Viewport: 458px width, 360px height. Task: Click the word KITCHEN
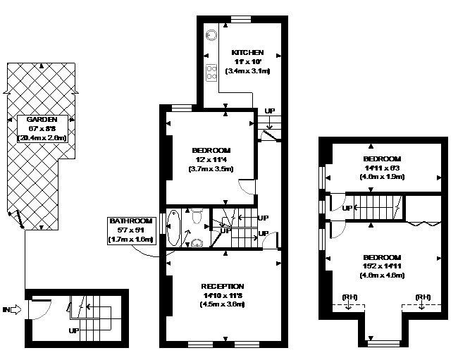click(x=247, y=52)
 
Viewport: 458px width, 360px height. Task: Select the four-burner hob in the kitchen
click(x=211, y=72)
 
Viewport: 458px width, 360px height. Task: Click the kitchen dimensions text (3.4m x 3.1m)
click(x=247, y=72)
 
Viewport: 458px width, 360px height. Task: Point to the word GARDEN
click(x=42, y=120)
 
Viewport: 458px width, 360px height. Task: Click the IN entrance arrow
click(x=12, y=309)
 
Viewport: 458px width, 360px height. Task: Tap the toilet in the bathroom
click(x=197, y=212)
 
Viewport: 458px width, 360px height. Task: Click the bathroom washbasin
click(x=197, y=244)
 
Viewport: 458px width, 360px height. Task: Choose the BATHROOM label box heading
click(x=130, y=221)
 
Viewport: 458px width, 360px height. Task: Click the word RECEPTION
click(x=222, y=286)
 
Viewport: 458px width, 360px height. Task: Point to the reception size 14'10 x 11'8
click(x=222, y=295)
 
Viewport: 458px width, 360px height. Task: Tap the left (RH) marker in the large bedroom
click(x=349, y=297)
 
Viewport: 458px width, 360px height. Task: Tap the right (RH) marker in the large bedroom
click(x=423, y=297)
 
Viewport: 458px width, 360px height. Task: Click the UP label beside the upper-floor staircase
click(x=347, y=208)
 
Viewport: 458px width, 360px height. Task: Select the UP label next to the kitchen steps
click(x=270, y=111)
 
